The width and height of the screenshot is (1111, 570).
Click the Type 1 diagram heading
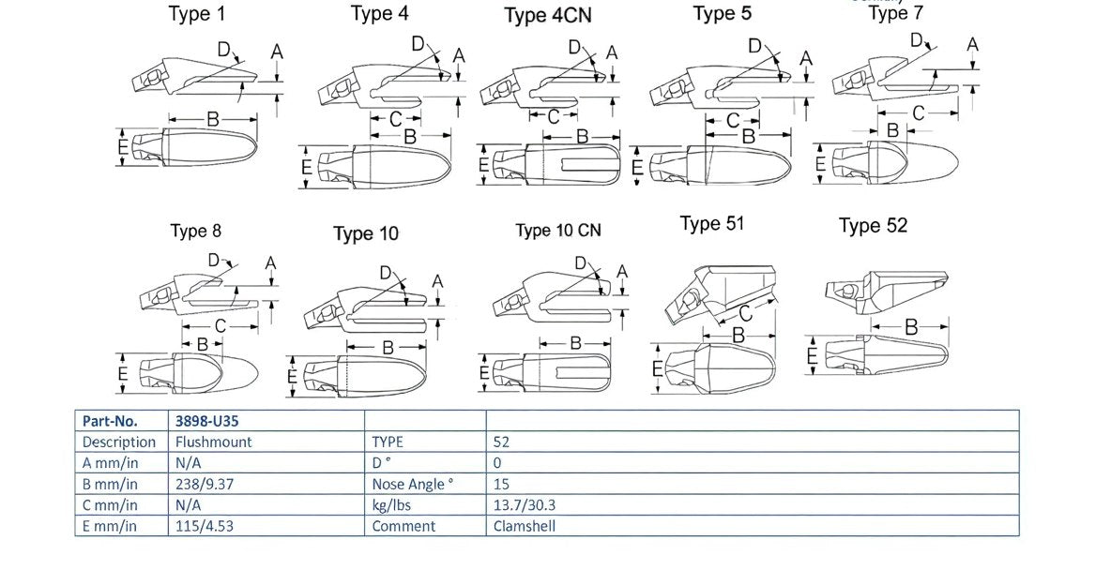click(x=196, y=14)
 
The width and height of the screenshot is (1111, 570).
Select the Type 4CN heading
click(x=547, y=16)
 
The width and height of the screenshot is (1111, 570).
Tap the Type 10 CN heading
click(x=558, y=231)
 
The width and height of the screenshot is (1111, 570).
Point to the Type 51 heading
click(x=712, y=223)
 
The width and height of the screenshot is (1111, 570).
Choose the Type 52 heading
click(x=873, y=226)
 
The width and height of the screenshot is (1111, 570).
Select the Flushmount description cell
click(x=214, y=442)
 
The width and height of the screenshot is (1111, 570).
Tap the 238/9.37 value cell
click(x=204, y=484)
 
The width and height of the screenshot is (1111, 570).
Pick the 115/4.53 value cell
click(x=204, y=526)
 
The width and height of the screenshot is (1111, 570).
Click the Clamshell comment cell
click(x=525, y=526)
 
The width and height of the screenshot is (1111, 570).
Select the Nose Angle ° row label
click(x=413, y=484)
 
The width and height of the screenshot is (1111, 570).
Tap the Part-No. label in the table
click(x=110, y=421)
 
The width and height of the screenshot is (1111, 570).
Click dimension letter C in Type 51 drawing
click(x=745, y=312)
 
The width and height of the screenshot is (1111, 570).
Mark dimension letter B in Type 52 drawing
click(x=910, y=327)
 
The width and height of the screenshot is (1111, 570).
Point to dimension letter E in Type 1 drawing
click(x=123, y=147)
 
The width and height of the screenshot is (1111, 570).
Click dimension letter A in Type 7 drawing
click(x=972, y=44)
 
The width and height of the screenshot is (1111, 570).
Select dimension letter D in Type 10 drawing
click(x=386, y=272)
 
